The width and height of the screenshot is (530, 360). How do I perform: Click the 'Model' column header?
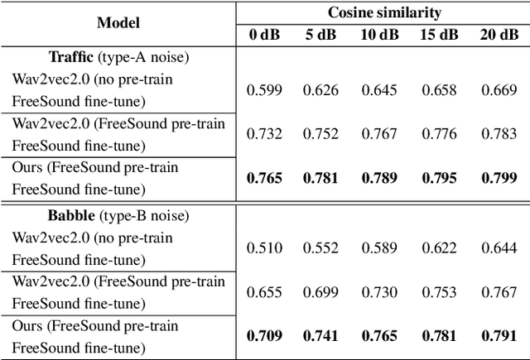pyautogui.click(x=118, y=23)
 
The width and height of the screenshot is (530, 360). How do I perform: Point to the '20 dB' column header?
pyautogui.click(x=499, y=35)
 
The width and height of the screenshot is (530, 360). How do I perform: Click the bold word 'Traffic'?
pyautogui.click(x=70, y=58)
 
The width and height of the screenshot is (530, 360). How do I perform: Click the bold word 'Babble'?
pyautogui.click(x=69, y=216)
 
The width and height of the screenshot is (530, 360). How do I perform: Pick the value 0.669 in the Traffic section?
pyautogui.click(x=499, y=89)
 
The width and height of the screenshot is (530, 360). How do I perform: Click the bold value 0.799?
pyautogui.click(x=499, y=177)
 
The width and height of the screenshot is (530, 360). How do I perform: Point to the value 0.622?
pyautogui.click(x=440, y=248)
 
